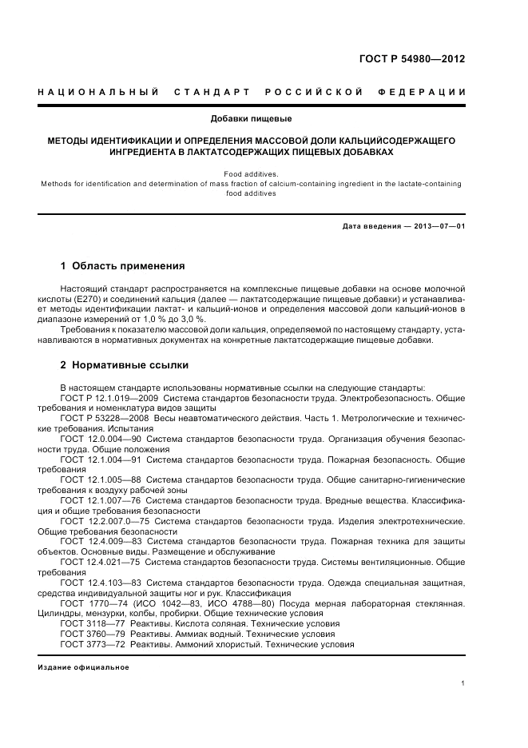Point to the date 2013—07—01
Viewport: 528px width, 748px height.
[437, 226]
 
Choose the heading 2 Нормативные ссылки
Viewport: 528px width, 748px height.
[125, 365]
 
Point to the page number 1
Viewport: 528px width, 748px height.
[463, 683]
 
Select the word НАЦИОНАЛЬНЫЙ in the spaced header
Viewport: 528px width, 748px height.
[95, 93]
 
